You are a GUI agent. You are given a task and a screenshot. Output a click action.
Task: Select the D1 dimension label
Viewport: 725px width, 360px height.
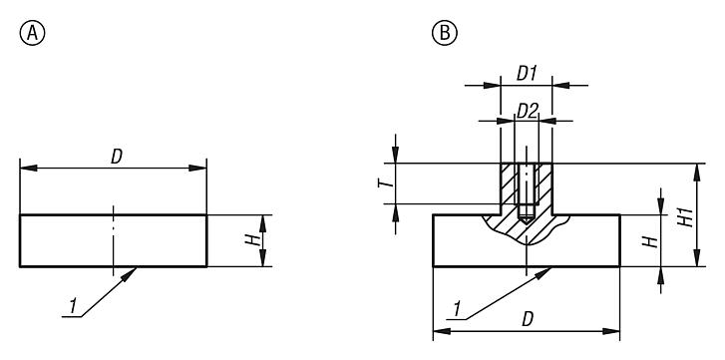(526, 75)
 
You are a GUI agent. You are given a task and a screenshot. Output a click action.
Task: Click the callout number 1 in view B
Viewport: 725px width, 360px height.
(455, 311)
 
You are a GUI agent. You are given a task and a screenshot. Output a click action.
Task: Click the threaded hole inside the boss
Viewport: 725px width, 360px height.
(526, 189)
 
